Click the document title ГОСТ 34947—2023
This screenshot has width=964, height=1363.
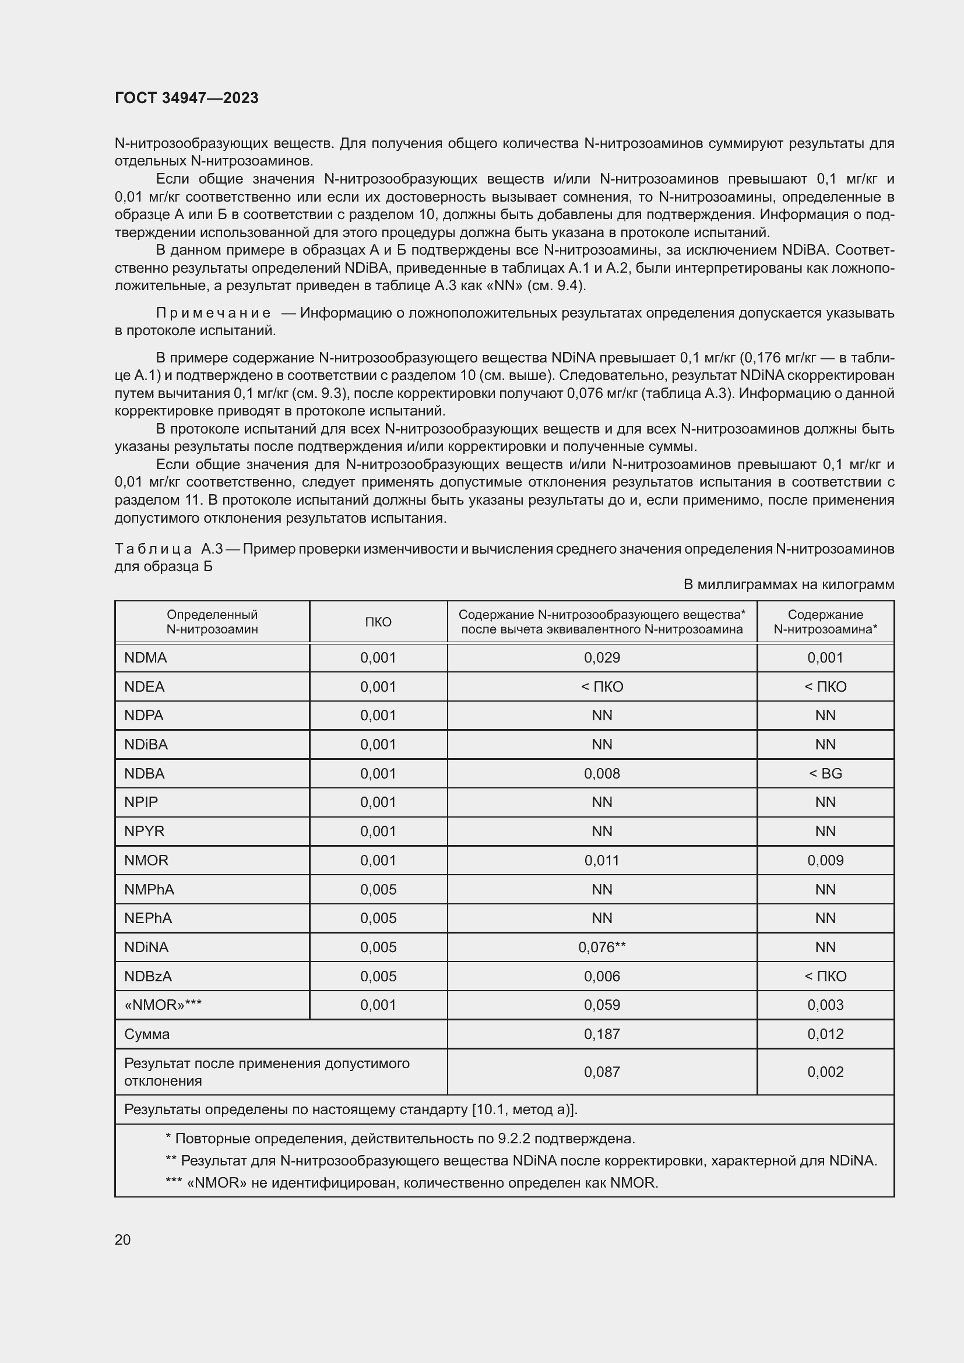(x=187, y=98)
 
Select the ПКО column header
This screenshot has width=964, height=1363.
(x=378, y=622)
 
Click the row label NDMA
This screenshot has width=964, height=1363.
(x=146, y=658)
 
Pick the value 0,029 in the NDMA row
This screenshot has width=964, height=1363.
(x=602, y=658)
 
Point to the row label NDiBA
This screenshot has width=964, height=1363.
(x=146, y=744)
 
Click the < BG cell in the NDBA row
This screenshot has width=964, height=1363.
(x=825, y=773)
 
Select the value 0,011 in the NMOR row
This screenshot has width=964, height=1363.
(x=602, y=860)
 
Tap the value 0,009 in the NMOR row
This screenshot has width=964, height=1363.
(x=825, y=860)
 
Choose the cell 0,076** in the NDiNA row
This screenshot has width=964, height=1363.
(x=602, y=947)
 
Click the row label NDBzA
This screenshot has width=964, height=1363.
(x=148, y=976)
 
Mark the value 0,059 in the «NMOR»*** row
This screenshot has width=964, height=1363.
(x=602, y=1005)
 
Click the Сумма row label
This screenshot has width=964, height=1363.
(x=147, y=1034)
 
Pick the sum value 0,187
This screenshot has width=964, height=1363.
(x=602, y=1034)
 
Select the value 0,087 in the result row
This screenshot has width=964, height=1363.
(x=602, y=1072)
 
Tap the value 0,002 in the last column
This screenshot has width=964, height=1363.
(x=825, y=1072)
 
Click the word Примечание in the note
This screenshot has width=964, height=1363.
(x=213, y=313)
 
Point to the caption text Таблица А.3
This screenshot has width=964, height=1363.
(x=168, y=548)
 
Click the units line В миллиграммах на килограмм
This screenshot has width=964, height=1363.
(x=789, y=584)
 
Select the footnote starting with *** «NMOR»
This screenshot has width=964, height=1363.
(x=411, y=1182)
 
